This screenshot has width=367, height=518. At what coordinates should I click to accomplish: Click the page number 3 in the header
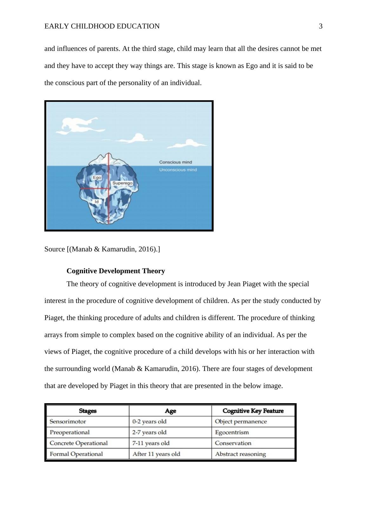320,26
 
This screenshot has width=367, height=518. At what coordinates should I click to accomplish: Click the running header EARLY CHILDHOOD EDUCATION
102,26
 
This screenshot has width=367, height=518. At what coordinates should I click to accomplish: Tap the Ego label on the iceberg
97,178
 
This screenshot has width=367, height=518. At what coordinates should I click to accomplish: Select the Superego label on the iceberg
122,183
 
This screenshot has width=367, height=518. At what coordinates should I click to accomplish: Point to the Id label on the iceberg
97,201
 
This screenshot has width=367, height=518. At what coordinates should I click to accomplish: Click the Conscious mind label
175,162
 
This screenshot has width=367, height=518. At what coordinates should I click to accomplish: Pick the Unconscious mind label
178,170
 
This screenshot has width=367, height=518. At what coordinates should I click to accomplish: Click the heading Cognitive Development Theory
116,271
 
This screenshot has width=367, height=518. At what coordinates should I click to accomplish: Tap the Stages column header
88,411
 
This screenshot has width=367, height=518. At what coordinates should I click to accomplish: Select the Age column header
171,411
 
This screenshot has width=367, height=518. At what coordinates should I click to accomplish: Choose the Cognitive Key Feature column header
253,411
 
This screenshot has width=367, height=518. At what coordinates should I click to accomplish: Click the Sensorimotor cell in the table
68,422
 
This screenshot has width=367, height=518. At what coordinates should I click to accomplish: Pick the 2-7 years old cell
149,432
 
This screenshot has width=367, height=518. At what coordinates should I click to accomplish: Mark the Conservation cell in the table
233,443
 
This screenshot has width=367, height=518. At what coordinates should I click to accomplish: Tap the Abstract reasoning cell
240,454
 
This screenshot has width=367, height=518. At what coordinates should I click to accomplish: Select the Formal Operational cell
76,454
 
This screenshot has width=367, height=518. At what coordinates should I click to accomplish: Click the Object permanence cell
241,422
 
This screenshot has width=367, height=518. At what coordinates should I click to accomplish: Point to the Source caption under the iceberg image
102,249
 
